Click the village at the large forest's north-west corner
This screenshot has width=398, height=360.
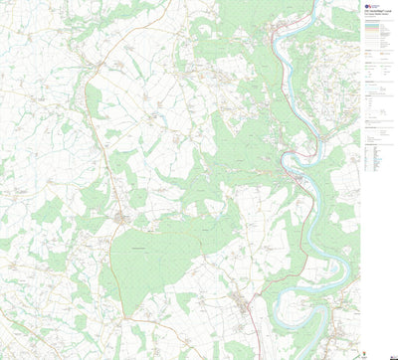coord(122,216)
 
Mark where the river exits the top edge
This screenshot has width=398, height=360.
coord(316,3)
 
